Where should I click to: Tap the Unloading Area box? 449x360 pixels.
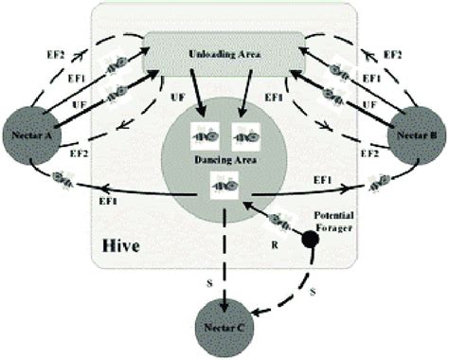[224, 55]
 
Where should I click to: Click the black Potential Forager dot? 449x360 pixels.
[310, 239]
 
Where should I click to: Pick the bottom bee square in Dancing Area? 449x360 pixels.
[224, 191]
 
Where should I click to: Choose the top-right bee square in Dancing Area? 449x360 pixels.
[243, 137]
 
